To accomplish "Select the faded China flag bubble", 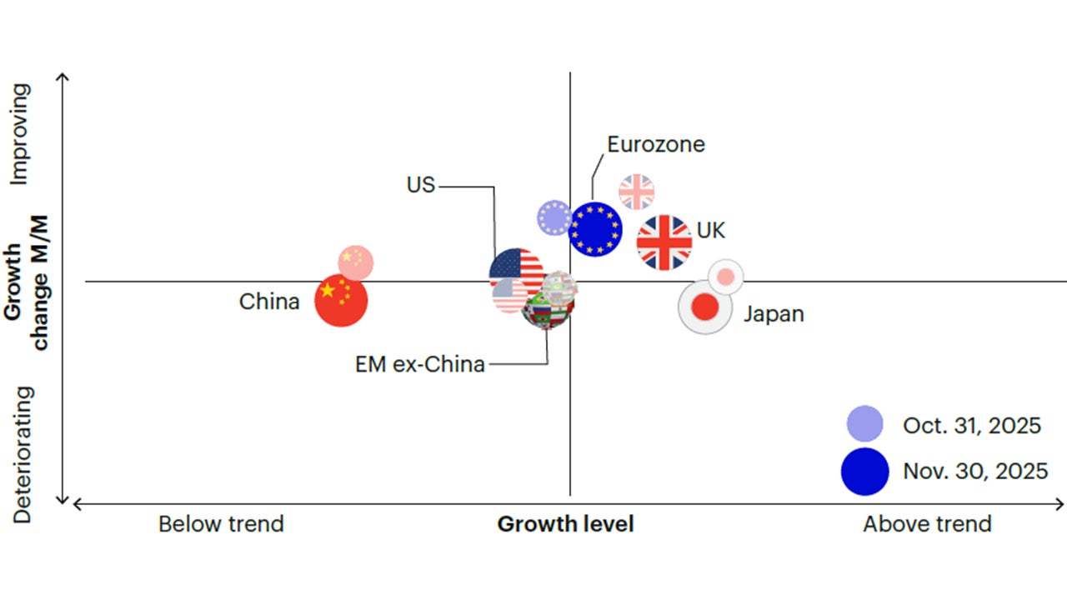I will tap(356, 263).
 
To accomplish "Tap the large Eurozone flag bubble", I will tap(595, 229).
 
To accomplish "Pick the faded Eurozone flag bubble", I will tap(554, 217).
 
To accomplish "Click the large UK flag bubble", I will tap(664, 242).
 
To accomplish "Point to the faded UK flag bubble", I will tap(637, 192).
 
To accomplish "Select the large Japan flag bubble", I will tap(705, 307).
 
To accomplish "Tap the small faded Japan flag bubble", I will tap(726, 277).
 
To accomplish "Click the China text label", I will tap(269, 302).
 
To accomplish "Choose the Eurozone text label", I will tap(656, 144).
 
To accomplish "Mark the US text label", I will tap(421, 185).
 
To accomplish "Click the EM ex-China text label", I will tap(420, 364).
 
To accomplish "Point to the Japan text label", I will tap(774, 314).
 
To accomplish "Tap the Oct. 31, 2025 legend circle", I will tap(865, 423).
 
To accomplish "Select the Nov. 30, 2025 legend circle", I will tap(865, 471).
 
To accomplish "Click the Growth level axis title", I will tap(565, 524).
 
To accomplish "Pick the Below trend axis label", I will tap(221, 524).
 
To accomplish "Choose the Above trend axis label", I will tap(927, 524).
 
